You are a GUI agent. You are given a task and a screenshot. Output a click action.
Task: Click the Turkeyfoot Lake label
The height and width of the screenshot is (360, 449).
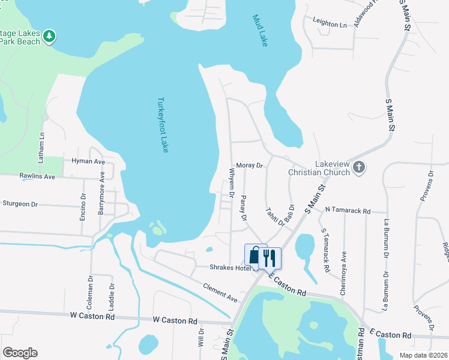[162, 125]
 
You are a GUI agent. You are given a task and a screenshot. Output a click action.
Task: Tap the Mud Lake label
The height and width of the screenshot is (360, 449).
[259, 31]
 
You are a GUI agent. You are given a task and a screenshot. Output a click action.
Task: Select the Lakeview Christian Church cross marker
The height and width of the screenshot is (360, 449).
[358, 168]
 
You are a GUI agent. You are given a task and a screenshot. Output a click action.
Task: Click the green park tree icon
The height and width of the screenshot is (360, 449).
[49, 37]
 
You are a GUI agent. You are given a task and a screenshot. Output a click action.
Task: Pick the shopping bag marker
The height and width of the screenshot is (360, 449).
[255, 257]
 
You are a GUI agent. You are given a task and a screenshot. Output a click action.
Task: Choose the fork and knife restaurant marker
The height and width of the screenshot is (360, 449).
[270, 258]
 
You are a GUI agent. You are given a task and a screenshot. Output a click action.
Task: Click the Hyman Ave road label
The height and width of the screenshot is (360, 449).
[88, 162]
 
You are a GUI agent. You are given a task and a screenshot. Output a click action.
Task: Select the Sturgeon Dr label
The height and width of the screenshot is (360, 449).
[20, 204]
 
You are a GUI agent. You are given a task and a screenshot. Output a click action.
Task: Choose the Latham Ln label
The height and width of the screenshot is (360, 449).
[41, 148]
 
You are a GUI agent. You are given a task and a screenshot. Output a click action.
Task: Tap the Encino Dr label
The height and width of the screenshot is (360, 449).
[83, 206]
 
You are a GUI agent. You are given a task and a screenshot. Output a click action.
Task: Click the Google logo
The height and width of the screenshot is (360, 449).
[20, 353]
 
